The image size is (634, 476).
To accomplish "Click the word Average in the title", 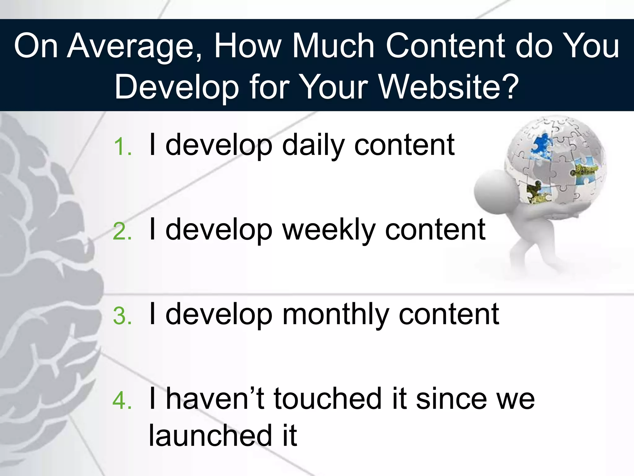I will [x=134, y=46].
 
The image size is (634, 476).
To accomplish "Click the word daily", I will [x=313, y=145].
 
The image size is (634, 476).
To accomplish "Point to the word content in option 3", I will [x=449, y=315].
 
